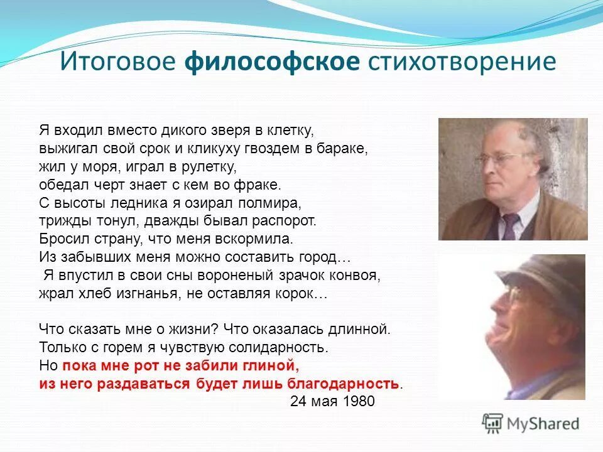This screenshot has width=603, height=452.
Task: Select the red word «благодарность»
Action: pos(343,384)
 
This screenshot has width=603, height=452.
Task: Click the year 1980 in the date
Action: pos(360,402)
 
